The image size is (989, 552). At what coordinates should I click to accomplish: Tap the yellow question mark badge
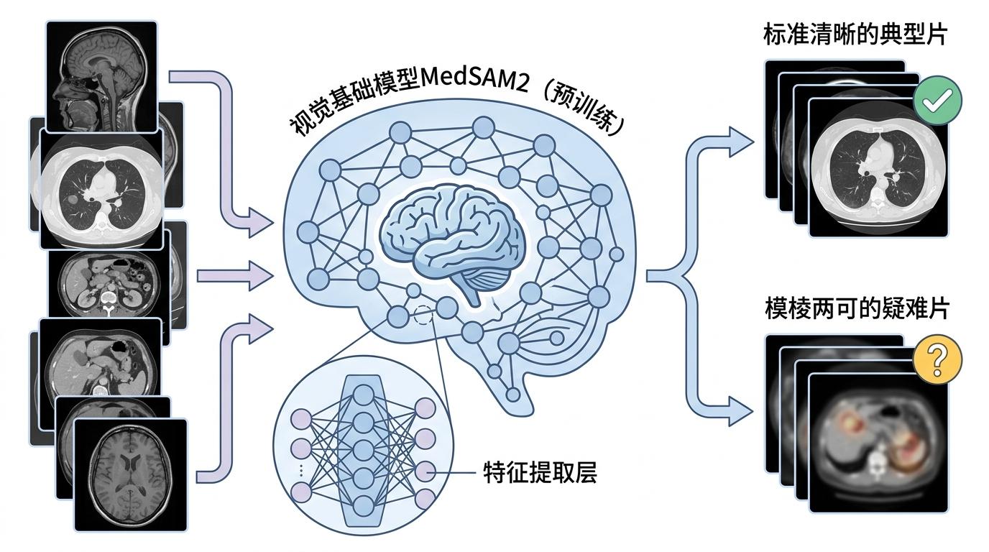point(937,362)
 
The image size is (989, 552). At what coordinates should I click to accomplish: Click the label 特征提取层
point(540,473)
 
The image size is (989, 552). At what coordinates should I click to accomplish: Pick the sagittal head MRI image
point(101,75)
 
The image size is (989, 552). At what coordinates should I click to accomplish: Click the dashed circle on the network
point(425,315)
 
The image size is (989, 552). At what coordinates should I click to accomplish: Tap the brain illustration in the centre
point(454,237)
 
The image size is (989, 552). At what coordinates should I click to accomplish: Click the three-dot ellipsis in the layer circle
point(301,470)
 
